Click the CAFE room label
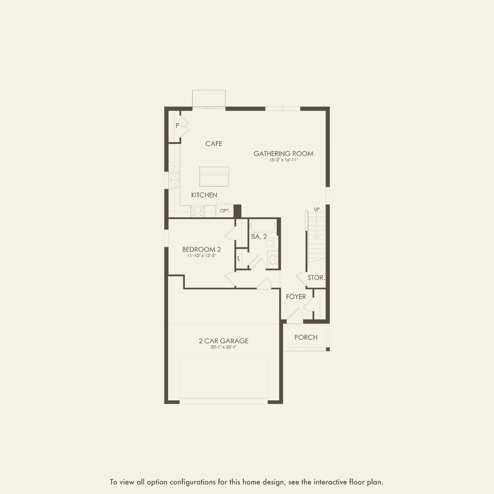(x=214, y=144)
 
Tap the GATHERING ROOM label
(x=283, y=153)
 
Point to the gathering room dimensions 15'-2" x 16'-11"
(x=283, y=160)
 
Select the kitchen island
(x=214, y=176)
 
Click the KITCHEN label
(x=204, y=195)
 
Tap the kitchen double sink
(x=174, y=180)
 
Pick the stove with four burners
(x=198, y=211)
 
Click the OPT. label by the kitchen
(x=225, y=211)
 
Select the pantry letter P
(x=177, y=125)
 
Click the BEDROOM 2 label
(x=202, y=249)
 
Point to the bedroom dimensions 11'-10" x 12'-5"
(x=202, y=256)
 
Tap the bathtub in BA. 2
(x=262, y=227)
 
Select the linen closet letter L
(x=239, y=259)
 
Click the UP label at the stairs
(x=317, y=209)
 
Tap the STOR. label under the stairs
(x=316, y=278)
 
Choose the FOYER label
(x=296, y=297)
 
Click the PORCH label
(x=306, y=337)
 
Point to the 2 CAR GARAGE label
(x=223, y=341)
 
